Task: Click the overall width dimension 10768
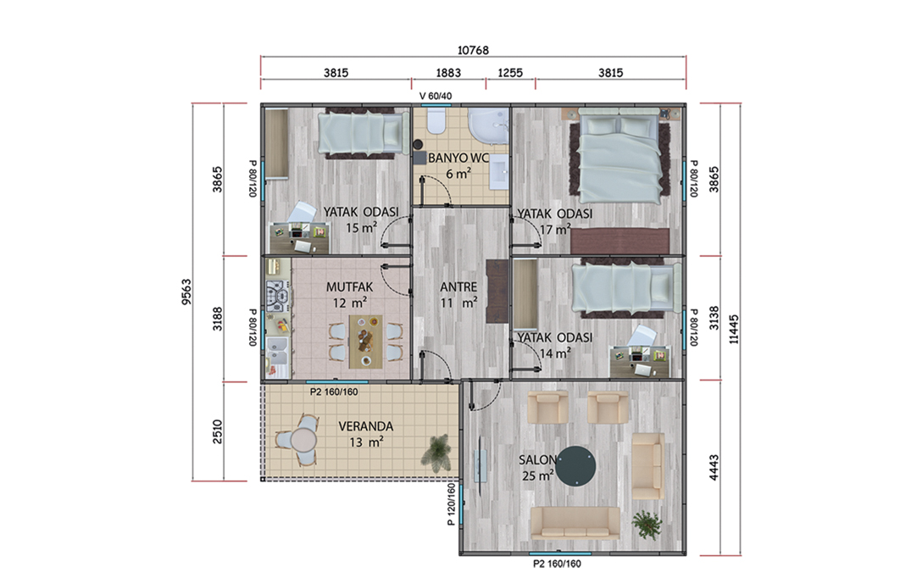point(473,51)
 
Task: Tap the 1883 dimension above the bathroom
point(448,73)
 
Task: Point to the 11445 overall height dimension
point(734,329)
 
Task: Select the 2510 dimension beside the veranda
point(218,431)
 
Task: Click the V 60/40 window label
point(436,96)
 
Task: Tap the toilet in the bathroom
point(436,121)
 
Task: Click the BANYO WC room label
point(458,158)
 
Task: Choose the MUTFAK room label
point(349,286)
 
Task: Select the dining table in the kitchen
point(365,341)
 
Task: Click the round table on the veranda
point(303,441)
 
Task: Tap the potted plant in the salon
point(647,525)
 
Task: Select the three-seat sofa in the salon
point(575,523)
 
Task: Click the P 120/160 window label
point(451,504)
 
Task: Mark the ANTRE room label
point(458,286)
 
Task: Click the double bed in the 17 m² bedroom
point(618,158)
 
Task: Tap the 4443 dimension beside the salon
point(714,467)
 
